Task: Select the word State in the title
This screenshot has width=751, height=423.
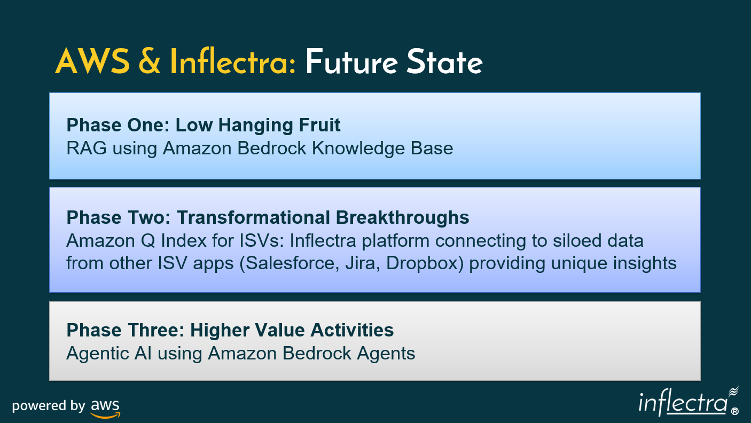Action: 444,61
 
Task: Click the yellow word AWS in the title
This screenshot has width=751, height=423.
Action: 92,61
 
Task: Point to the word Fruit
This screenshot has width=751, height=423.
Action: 319,125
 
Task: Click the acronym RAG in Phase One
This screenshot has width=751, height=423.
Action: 87,148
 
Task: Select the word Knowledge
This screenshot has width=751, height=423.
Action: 358,148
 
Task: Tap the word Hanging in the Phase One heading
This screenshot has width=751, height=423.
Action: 256,126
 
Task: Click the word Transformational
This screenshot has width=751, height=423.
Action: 254,217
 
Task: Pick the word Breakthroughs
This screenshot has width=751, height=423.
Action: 402,218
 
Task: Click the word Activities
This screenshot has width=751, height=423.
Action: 352,330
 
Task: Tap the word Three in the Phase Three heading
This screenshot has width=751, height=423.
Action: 156,330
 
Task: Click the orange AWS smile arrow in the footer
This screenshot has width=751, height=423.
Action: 105,416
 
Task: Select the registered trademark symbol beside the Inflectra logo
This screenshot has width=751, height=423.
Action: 734,411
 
